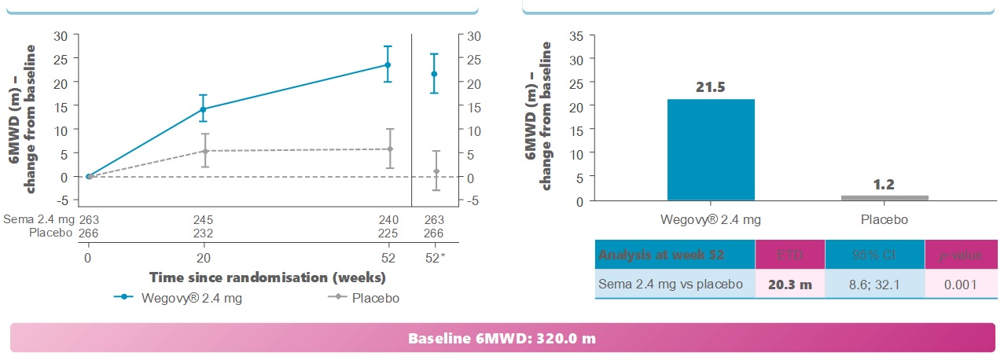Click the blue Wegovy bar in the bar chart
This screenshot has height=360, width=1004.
(711, 149)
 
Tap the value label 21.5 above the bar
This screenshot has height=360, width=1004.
(711, 86)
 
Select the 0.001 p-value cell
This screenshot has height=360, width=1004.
(961, 285)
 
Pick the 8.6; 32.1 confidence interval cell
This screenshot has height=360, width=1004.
(874, 285)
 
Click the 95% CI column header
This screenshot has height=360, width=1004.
(874, 255)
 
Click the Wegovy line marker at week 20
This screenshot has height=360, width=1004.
(204, 109)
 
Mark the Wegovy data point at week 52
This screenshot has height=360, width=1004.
(388, 65)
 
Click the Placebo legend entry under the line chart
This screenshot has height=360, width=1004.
(365, 298)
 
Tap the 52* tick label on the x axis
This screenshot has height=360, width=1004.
(435, 257)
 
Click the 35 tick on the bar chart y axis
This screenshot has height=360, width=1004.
(576, 35)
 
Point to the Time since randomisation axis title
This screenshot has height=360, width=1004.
(267, 277)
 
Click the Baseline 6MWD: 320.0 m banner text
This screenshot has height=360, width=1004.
(502, 339)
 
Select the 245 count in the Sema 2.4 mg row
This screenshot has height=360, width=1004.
(204, 220)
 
